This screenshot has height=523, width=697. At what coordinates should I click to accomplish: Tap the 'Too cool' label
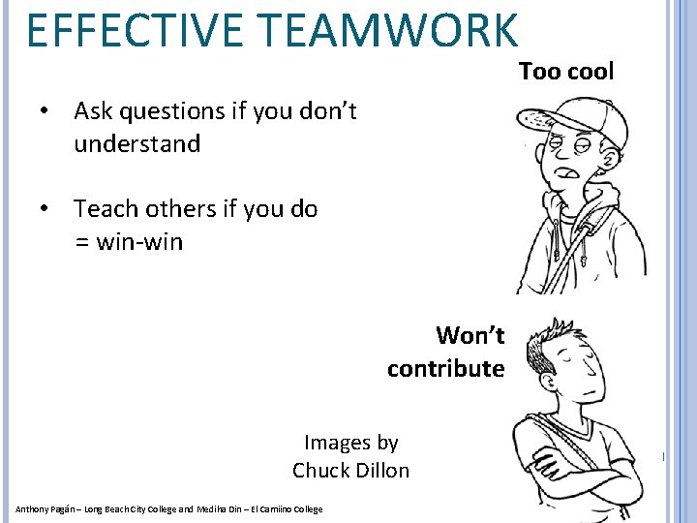566,71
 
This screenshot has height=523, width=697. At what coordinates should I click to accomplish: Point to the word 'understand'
136,144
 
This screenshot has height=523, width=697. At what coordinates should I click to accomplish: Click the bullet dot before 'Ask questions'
45,111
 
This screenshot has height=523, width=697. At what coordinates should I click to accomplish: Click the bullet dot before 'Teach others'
45,208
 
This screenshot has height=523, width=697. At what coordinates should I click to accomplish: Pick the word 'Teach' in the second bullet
105,208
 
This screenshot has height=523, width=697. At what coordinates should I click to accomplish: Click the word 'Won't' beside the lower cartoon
470,335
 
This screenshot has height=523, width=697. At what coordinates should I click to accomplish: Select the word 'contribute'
445,368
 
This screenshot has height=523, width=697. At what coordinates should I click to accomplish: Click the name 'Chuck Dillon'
350,471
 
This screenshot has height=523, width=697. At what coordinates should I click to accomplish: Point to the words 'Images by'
350,443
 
